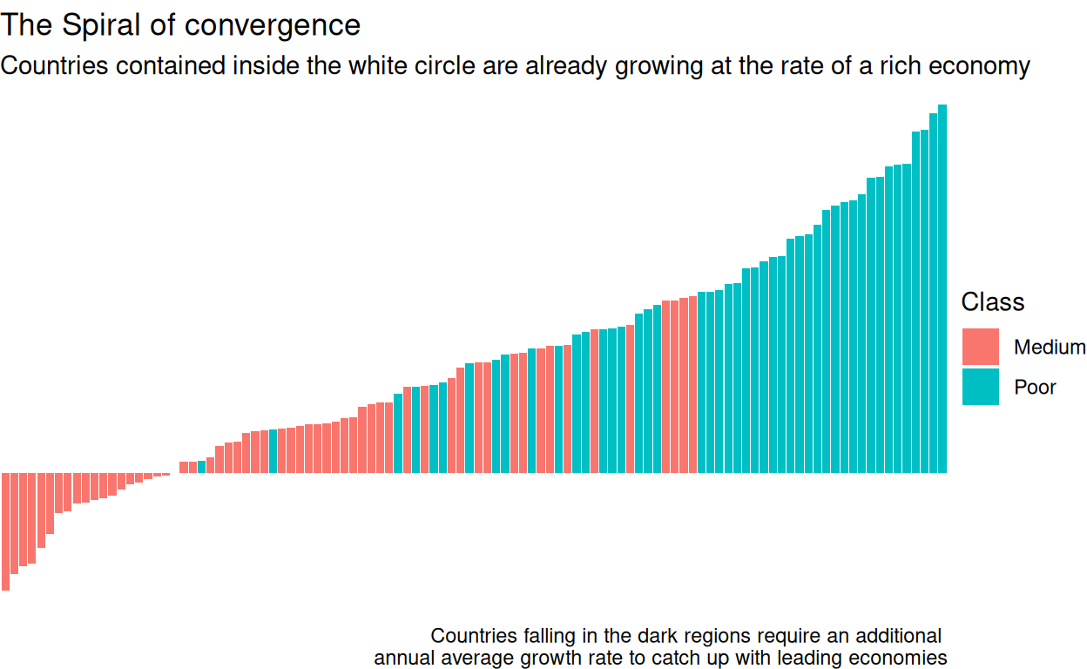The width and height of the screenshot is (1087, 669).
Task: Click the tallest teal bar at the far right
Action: (942, 287)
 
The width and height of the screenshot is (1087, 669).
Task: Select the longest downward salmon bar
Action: (5, 531)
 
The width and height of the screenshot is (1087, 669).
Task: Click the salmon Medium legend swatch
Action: (980, 347)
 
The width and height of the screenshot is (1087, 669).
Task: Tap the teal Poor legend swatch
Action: (980, 387)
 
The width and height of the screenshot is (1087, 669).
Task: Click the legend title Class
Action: (992, 302)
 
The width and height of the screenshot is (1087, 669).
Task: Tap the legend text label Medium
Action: (1049, 348)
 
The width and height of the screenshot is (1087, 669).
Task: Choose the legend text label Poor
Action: (1035, 388)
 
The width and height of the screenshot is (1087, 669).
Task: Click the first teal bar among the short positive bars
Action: (202, 467)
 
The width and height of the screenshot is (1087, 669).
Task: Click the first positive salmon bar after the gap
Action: (184, 467)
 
